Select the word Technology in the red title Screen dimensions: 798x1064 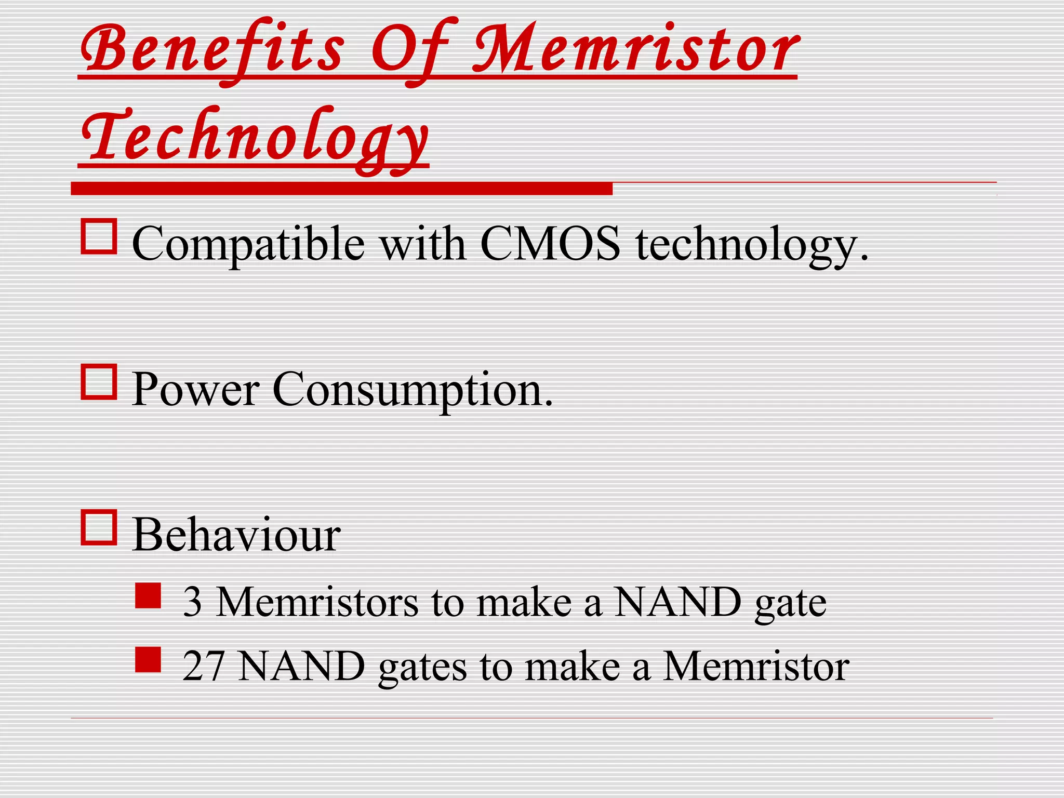click(x=255, y=136)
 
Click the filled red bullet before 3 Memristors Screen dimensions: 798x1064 click(x=148, y=595)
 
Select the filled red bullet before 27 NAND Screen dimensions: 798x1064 click(x=148, y=660)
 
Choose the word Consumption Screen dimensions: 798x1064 click(x=413, y=389)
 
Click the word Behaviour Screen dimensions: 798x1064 click(x=236, y=535)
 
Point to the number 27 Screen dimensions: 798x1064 click(x=204, y=666)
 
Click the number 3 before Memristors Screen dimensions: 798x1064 click(x=192, y=602)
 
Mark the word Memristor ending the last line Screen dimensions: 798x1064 click(x=756, y=666)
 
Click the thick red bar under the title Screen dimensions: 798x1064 click(x=341, y=189)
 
